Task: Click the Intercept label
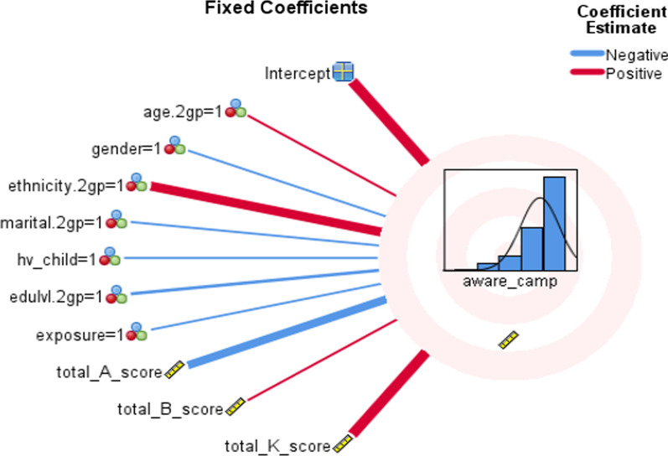click(297, 73)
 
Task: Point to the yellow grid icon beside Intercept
click(343, 72)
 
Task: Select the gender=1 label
click(126, 149)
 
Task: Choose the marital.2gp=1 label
click(51, 222)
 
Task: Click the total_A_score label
click(108, 370)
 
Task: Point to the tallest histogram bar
click(554, 222)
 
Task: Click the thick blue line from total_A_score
click(285, 332)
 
